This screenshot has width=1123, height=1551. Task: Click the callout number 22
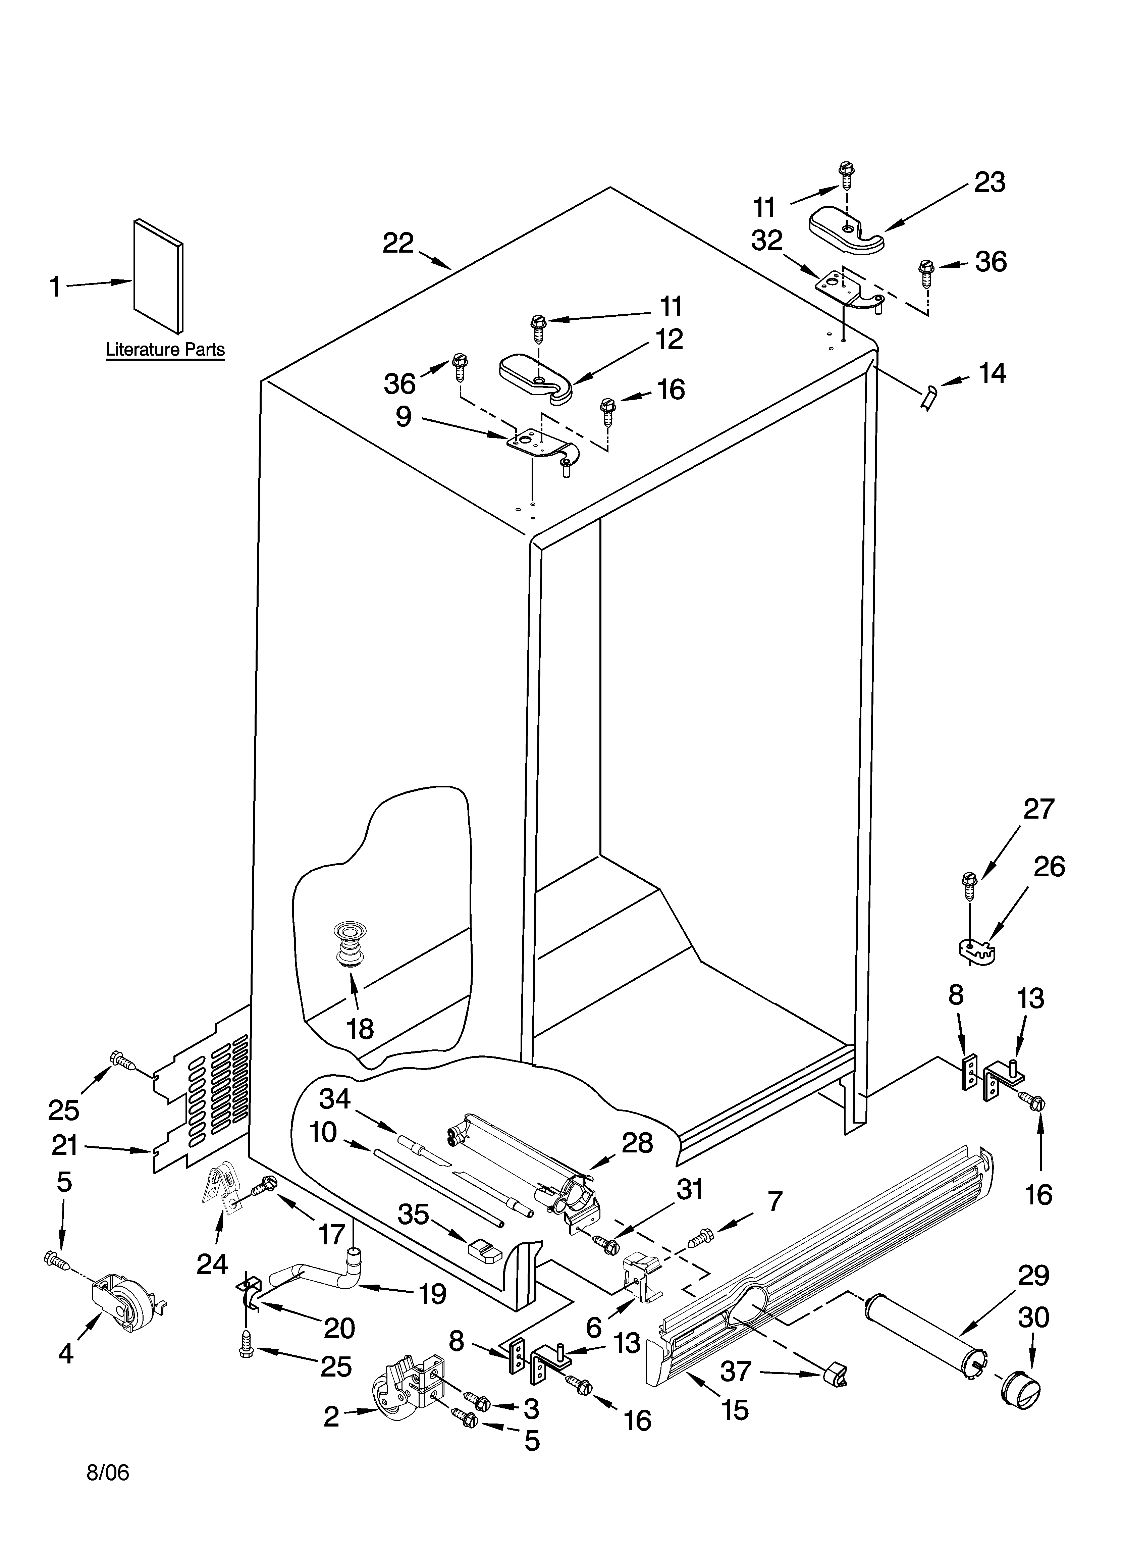point(398,243)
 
